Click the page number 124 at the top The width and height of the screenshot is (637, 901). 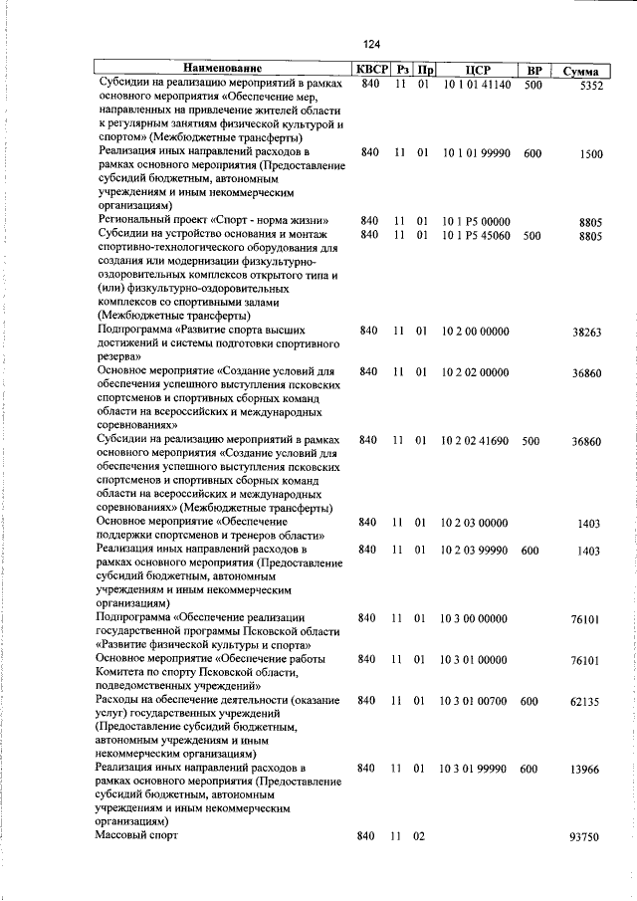(x=372, y=44)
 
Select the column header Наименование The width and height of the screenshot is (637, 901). (x=224, y=71)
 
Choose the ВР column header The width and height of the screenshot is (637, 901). (x=533, y=71)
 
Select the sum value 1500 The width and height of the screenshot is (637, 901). (x=589, y=154)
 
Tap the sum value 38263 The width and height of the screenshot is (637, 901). (x=586, y=333)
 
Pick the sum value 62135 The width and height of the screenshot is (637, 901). (x=586, y=702)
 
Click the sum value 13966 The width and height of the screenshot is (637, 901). (x=586, y=770)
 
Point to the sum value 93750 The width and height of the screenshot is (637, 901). (x=586, y=837)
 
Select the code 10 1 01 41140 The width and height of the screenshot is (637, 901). (x=476, y=86)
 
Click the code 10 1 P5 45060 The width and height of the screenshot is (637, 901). (x=476, y=235)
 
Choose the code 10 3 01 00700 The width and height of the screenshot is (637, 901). (x=476, y=701)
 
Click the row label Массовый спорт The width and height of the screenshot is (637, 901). (x=137, y=836)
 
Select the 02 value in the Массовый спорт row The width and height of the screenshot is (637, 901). (x=421, y=836)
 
